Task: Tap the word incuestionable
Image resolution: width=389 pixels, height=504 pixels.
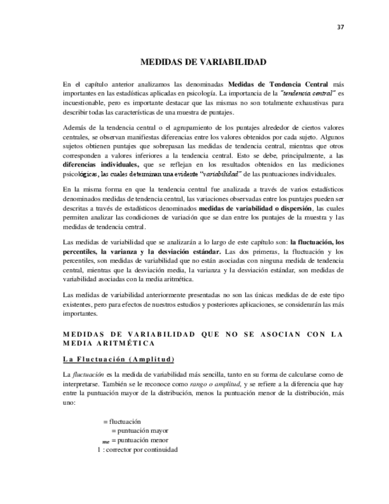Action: [87, 103]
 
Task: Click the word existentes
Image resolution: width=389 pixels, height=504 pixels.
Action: [79, 304]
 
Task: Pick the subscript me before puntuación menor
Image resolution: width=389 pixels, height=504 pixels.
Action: [106, 442]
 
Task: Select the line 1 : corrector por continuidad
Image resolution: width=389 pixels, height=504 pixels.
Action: [137, 450]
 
